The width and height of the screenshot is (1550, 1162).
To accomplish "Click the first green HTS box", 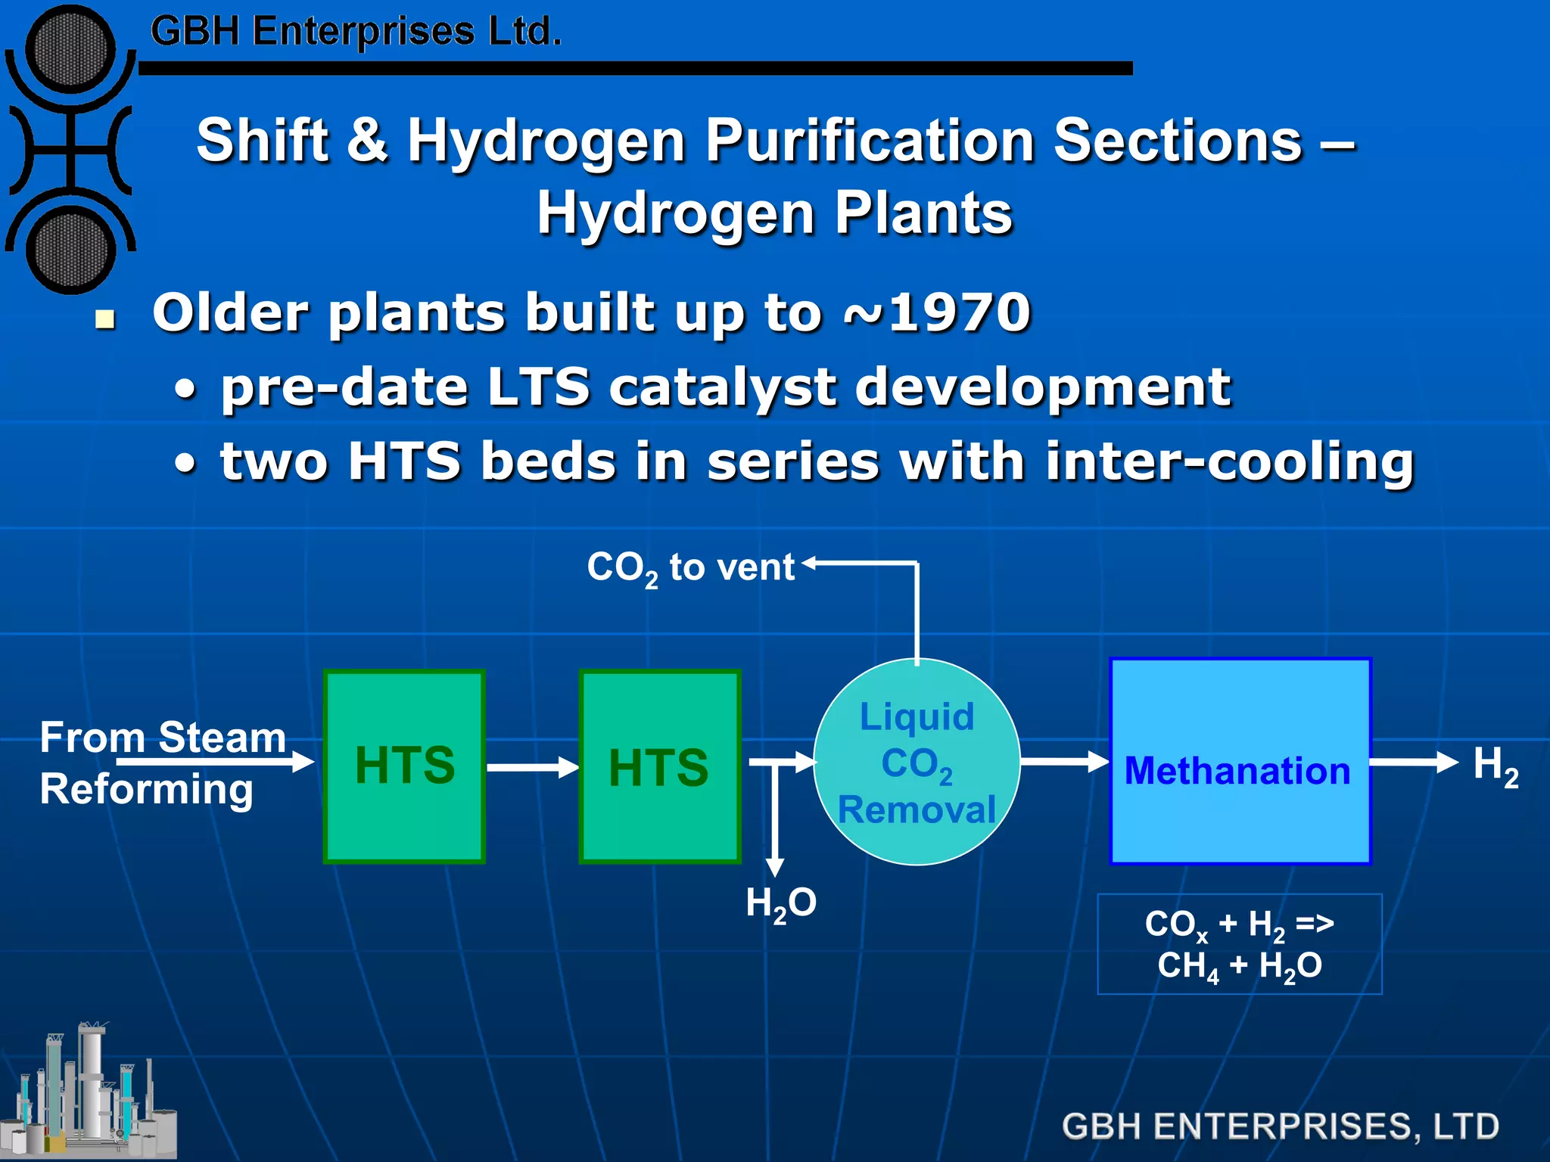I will click(404, 766).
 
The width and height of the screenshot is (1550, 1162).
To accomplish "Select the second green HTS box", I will click(659, 766).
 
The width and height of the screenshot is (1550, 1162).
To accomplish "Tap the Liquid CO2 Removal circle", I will click(917, 763).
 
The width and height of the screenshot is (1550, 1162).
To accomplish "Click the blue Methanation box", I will click(1240, 761).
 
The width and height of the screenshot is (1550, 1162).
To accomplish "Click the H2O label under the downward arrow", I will click(781, 903).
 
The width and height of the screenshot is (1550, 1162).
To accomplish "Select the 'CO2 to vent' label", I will click(690, 568).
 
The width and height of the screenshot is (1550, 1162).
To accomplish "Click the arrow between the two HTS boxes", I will click(532, 767).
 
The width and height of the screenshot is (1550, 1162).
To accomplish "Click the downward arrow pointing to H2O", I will click(774, 825).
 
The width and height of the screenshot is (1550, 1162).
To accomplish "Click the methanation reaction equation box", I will click(1240, 944).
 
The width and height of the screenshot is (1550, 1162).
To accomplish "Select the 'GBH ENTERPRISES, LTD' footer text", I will click(1280, 1126).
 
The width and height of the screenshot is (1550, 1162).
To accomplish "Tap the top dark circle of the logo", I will click(70, 48).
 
